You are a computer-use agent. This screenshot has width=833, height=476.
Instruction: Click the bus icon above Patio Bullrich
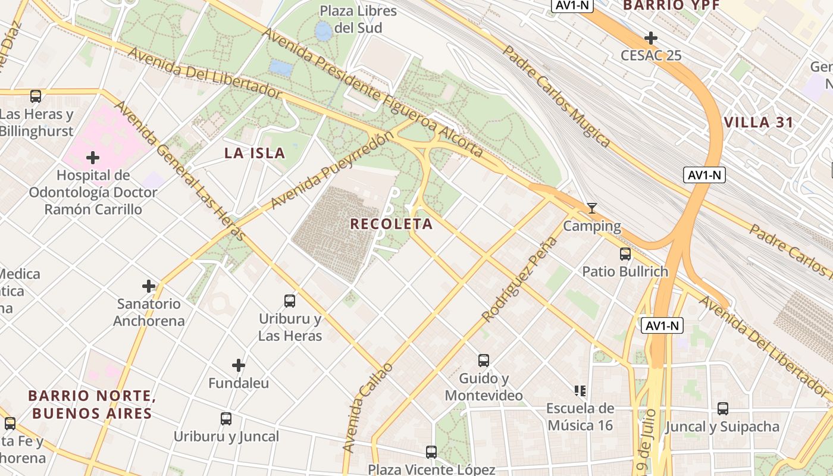point(625,254)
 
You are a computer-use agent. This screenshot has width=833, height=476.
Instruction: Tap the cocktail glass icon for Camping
point(591,208)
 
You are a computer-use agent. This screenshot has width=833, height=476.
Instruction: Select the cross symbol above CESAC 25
point(651,39)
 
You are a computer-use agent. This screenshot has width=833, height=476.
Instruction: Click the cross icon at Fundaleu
point(239,365)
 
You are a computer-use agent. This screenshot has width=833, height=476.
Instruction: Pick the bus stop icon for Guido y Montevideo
point(484,360)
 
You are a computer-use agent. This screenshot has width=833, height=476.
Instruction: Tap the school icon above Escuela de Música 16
point(580,391)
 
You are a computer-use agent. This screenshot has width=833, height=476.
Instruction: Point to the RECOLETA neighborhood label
point(391,224)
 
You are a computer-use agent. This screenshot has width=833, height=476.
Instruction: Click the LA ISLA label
point(255,154)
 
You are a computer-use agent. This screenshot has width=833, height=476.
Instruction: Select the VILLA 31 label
point(759,123)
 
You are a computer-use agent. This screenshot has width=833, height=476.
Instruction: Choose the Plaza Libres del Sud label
point(358,19)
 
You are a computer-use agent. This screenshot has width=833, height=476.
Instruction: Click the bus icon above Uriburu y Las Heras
point(290,301)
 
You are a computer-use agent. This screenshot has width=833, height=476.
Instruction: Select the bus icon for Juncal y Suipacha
point(723,409)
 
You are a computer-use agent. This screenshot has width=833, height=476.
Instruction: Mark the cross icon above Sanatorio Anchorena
point(149,286)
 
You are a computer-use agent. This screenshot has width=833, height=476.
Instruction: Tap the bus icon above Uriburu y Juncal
point(226,419)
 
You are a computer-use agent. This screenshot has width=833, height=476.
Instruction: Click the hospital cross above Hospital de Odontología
point(92,158)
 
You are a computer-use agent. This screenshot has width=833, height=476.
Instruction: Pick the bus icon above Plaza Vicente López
point(431,452)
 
